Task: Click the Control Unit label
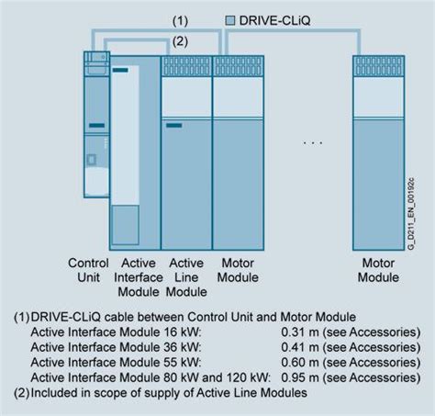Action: tap(89, 270)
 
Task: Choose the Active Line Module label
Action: tap(187, 277)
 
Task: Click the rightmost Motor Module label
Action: tap(378, 270)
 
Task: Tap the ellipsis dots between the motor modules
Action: tap(314, 143)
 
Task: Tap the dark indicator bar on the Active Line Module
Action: tap(173, 125)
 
